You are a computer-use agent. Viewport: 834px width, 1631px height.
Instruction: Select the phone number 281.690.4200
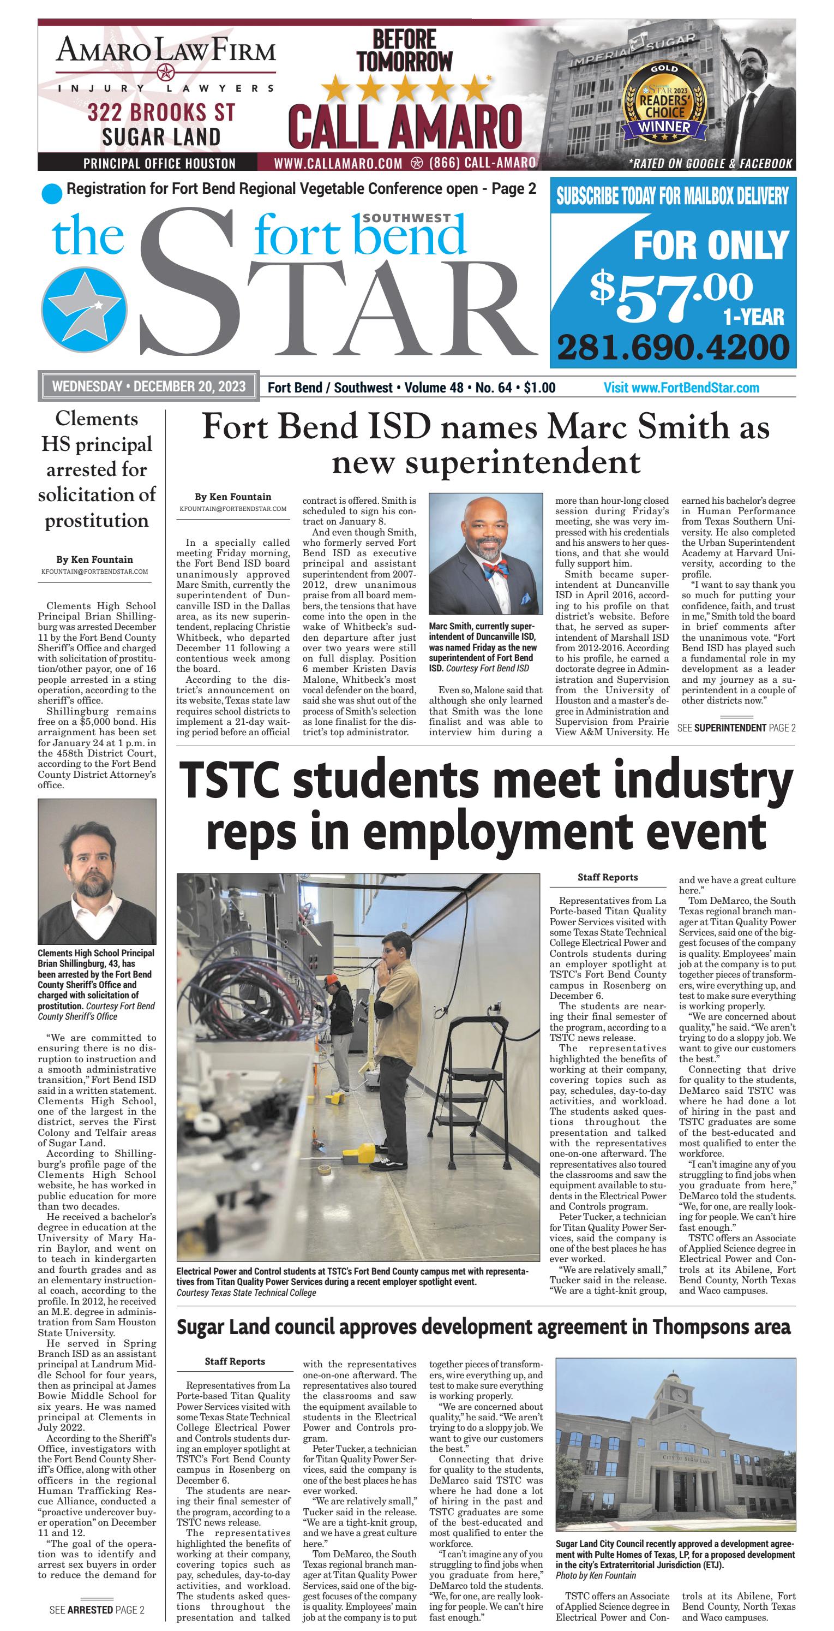pos(673,347)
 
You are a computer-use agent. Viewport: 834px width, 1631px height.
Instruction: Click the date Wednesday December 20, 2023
pos(149,386)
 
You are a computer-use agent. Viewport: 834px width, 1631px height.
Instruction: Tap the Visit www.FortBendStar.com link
pos(681,388)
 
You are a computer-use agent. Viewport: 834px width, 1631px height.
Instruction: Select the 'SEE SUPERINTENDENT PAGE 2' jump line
pos(736,728)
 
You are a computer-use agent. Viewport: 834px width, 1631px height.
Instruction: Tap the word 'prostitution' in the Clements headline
pos(96,520)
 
